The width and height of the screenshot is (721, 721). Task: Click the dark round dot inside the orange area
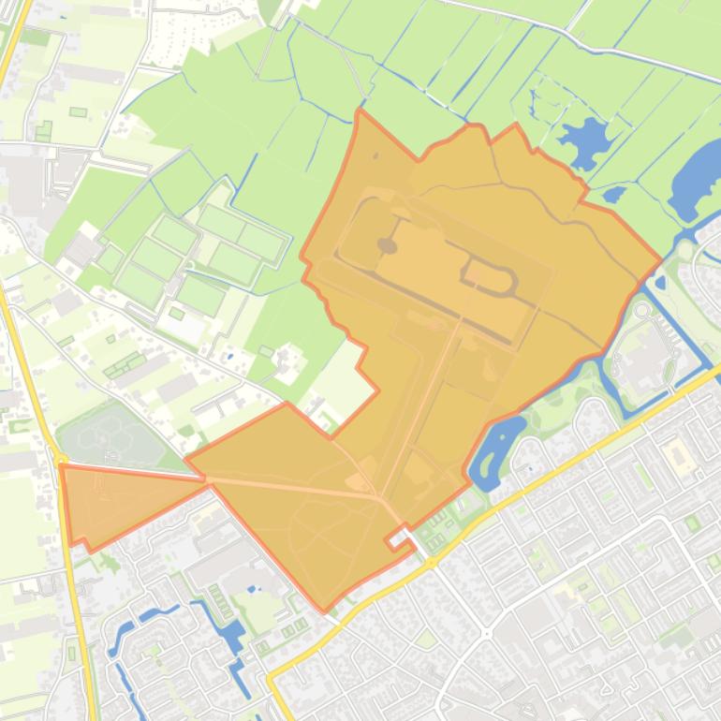(387, 245)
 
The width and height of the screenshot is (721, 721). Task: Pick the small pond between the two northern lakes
(614, 195)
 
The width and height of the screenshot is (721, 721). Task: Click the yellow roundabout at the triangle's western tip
(59, 462)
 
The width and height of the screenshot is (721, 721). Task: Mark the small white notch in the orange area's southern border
(400, 537)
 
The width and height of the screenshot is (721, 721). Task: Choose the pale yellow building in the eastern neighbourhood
(676, 457)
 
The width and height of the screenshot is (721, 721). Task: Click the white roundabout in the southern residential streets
(487, 634)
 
